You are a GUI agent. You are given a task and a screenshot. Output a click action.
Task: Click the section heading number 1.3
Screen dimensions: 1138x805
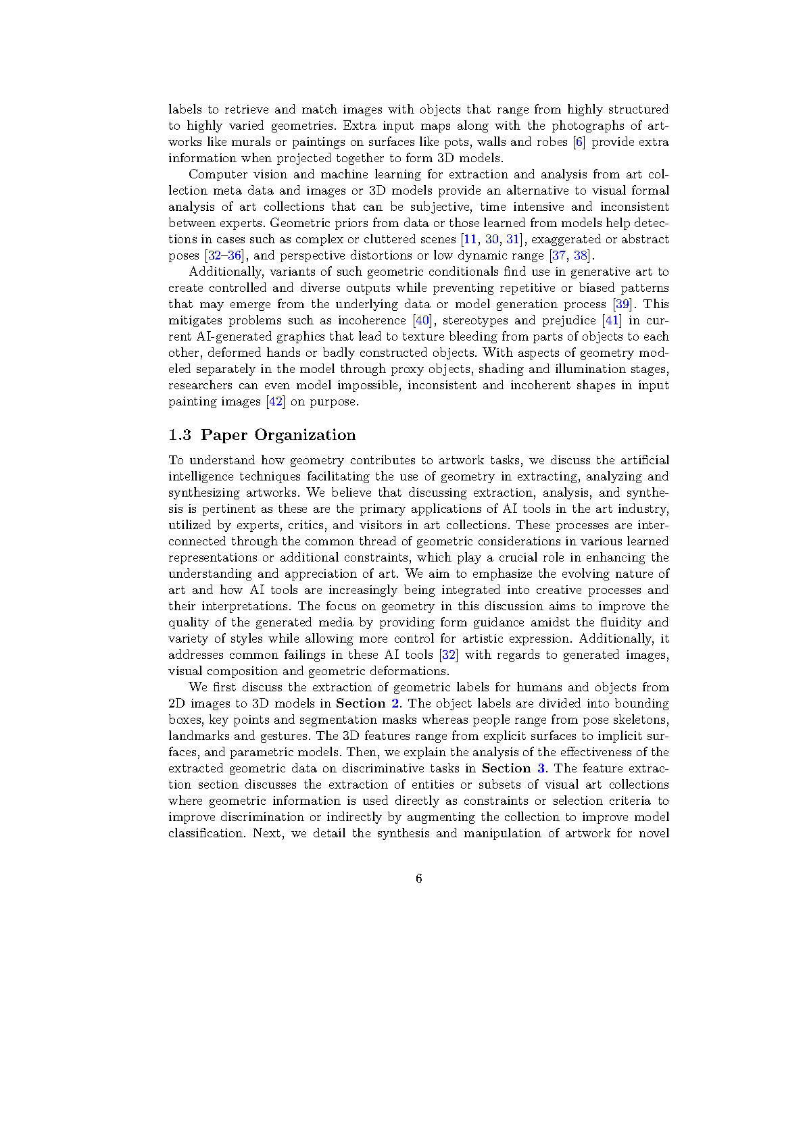(x=180, y=435)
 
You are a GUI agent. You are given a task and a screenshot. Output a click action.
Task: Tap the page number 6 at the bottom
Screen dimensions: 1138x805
(x=419, y=879)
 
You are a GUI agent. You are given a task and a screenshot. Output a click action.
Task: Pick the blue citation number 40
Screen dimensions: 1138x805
(x=422, y=320)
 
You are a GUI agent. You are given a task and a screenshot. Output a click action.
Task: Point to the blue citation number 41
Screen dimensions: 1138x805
(x=612, y=320)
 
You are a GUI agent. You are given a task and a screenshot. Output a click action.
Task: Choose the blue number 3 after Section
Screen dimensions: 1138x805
(x=541, y=768)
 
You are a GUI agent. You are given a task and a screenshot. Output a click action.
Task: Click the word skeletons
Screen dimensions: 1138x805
(x=641, y=720)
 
